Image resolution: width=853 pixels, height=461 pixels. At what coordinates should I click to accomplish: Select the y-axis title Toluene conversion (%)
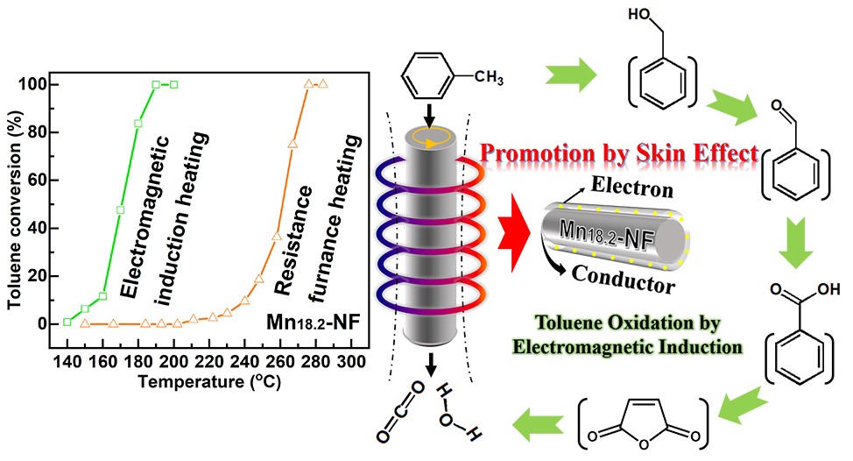point(16,202)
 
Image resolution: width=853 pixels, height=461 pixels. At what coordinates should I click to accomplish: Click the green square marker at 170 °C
point(120,209)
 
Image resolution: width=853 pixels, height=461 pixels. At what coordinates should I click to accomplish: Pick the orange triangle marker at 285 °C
point(323,84)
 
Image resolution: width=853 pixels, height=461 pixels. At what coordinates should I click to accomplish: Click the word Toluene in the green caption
point(623,324)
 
